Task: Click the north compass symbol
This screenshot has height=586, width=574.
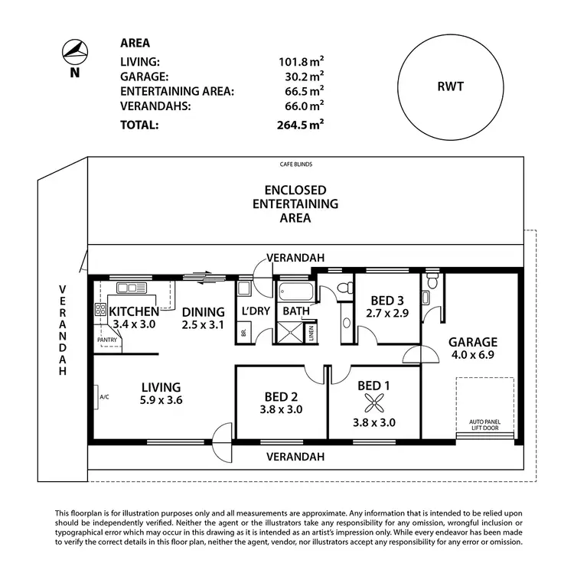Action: tap(73, 52)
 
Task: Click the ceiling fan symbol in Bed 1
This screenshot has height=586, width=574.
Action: tap(373, 402)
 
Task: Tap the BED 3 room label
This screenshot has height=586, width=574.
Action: tap(388, 301)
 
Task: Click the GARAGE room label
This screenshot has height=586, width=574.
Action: tap(472, 342)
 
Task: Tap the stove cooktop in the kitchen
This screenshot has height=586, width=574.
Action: tap(99, 310)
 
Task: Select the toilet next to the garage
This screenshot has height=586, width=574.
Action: tap(434, 283)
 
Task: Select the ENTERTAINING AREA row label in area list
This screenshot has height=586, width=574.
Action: tap(177, 91)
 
